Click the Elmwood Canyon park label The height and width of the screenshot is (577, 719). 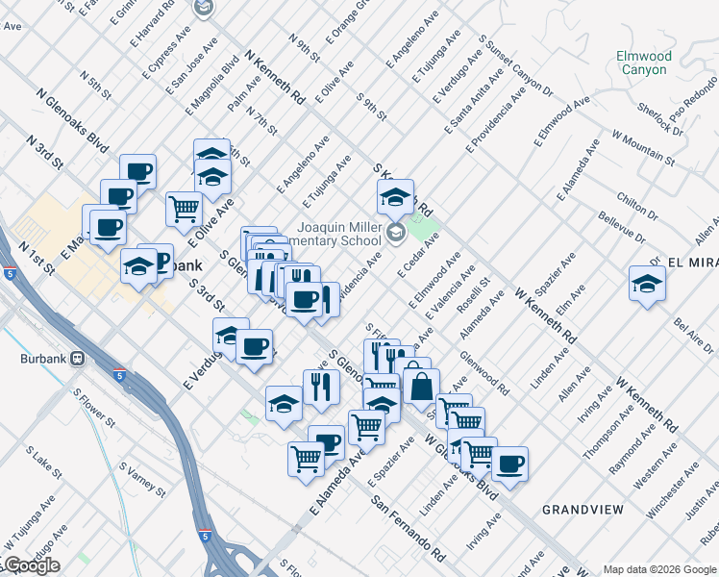point(643,63)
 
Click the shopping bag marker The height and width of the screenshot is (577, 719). point(421,387)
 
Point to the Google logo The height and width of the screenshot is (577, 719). point(31,565)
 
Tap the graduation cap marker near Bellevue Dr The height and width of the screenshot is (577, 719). point(647,284)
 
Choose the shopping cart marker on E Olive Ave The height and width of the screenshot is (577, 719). point(184,208)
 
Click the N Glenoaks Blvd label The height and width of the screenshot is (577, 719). point(73,122)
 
